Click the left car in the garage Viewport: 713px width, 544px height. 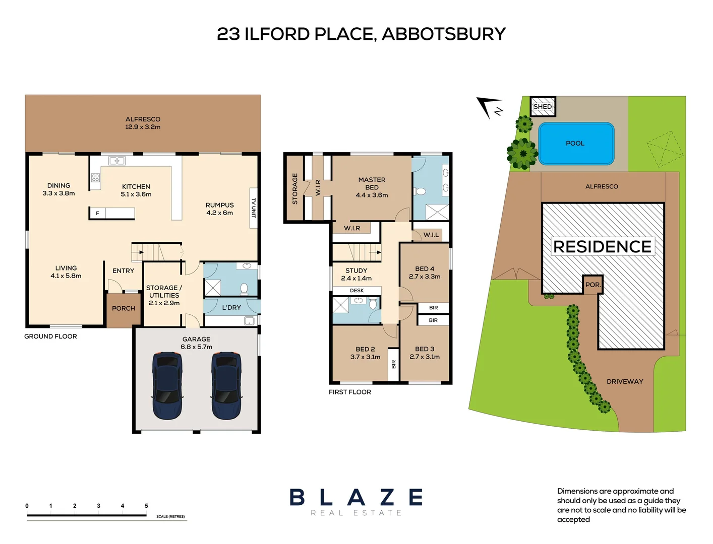coord(167,385)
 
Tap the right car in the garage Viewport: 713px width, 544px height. coord(226,385)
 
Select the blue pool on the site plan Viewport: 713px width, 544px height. coord(576,144)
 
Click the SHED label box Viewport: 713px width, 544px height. coord(543,106)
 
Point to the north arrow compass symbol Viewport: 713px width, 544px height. coord(489,107)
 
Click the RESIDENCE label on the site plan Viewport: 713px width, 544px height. coord(602,246)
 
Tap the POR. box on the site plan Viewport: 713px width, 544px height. coord(592,285)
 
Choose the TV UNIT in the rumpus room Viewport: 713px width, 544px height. coord(254,208)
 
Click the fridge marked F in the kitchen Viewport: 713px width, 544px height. coord(98,213)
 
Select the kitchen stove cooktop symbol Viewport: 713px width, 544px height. coord(95,177)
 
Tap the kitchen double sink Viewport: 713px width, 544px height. coord(117,161)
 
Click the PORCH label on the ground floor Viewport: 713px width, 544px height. coord(124,308)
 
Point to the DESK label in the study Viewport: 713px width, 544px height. coord(356,291)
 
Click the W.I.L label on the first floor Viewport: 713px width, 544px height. coord(431,235)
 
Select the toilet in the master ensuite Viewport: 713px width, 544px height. coord(420,191)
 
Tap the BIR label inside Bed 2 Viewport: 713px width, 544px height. coord(393,364)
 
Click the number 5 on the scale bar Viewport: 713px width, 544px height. coord(146,506)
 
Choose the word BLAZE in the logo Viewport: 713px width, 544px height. coord(356,498)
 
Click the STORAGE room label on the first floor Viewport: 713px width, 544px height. coord(295,189)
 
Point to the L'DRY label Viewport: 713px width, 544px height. coord(231,307)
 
